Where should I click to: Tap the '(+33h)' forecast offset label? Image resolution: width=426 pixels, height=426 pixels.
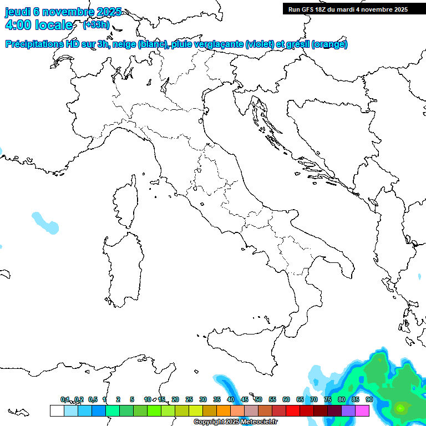[96, 25]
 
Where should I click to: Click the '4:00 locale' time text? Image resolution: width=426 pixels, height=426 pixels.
[38, 25]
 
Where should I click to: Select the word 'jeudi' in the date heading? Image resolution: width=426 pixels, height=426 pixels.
[18, 12]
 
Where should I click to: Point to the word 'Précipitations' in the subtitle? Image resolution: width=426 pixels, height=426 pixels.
[34, 44]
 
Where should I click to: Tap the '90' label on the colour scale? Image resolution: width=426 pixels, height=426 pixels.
[369, 399]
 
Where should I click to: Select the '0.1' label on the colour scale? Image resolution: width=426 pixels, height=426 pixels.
[65, 399]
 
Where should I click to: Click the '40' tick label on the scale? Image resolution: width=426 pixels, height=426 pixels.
[230, 399]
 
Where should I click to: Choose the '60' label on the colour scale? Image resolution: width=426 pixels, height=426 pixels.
[286, 399]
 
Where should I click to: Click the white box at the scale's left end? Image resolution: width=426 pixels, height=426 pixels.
[57, 410]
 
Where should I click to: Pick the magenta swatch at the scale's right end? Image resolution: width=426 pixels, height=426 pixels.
[362, 410]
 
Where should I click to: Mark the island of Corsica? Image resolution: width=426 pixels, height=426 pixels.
[125, 202]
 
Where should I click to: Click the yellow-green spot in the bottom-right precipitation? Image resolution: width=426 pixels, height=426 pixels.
[400, 409]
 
